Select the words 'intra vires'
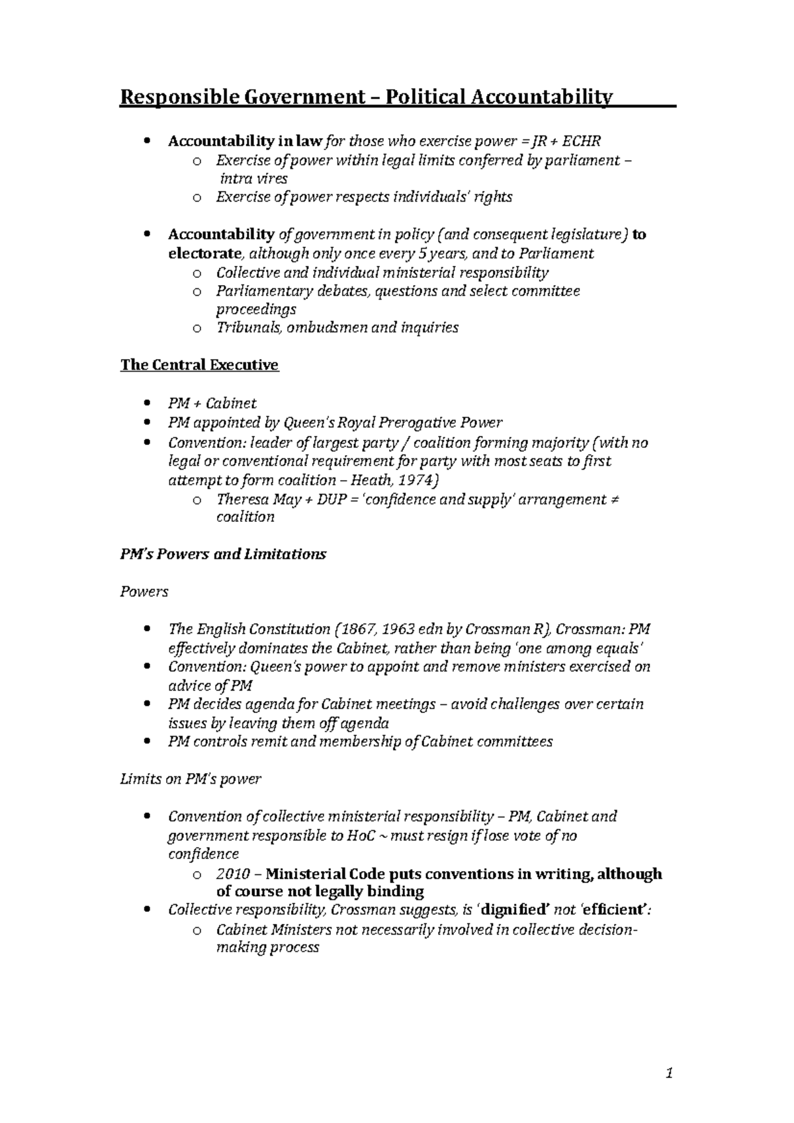point(251,179)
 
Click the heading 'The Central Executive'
point(199,365)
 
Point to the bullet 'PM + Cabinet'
point(212,403)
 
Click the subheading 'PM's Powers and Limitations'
point(223,554)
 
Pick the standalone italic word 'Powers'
point(144,591)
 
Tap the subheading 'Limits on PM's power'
point(191,779)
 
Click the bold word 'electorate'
point(205,253)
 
